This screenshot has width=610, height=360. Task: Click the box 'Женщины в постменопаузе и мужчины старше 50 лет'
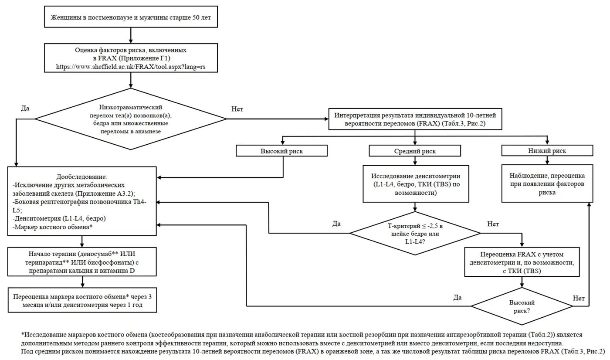pos(131,17)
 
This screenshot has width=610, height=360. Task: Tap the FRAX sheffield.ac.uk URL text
pos(131,67)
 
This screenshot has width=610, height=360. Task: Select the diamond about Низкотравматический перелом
pos(131,119)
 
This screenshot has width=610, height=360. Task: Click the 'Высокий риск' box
pos(281,151)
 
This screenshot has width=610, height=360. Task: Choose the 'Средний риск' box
pos(415,151)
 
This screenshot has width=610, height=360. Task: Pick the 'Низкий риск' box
pos(547,151)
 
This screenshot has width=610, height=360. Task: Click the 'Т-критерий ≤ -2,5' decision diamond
pos(415,233)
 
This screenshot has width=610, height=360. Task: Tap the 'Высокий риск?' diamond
pos(522,306)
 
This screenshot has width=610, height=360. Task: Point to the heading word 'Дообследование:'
pos(82,177)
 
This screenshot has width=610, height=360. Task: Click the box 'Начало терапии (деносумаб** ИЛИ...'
pos(82,262)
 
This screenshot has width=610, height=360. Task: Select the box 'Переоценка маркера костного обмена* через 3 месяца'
pos(82,300)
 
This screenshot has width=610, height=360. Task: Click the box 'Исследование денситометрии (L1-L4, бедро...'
pos(416,184)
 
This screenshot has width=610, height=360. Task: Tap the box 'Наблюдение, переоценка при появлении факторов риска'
pos(547,183)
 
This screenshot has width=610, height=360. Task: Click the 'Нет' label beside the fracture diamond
pos(237,109)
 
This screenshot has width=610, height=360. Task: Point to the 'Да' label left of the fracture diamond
pos(25,108)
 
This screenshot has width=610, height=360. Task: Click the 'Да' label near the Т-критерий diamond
pos(336,224)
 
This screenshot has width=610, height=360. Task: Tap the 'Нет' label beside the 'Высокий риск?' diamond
pos(579,298)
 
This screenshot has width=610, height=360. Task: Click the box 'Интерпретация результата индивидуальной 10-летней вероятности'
pos(415,119)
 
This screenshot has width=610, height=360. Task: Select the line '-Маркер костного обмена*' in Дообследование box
pos(53,227)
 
